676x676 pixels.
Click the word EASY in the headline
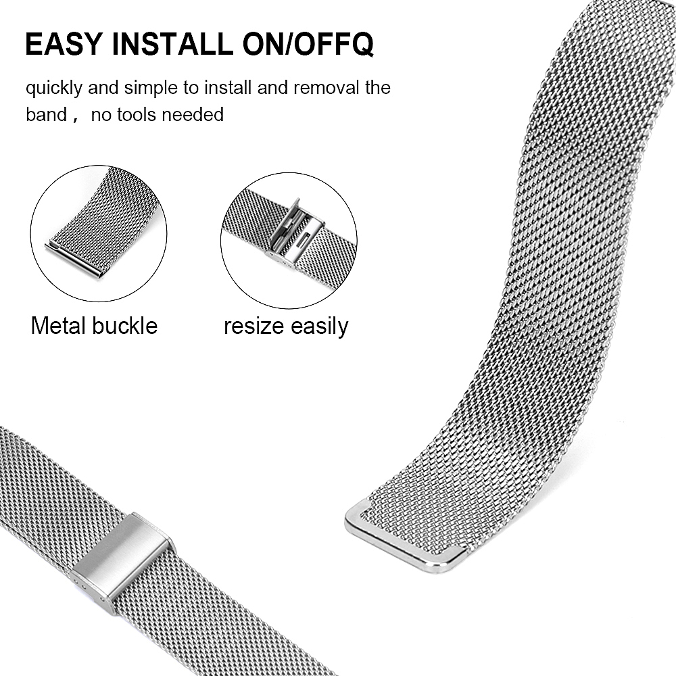coord(64,43)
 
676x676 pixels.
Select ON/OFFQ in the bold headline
coord(308,44)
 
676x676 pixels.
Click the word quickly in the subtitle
coord(54,89)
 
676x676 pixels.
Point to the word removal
coord(327,87)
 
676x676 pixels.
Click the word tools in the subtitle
coord(137,115)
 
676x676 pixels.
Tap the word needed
coord(193,115)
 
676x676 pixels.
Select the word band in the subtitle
coord(47,115)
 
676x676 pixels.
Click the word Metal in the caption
coord(59,326)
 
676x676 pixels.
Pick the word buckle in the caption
coord(125,326)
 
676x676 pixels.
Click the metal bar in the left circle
coord(74,260)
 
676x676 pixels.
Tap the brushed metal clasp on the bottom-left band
coord(123,560)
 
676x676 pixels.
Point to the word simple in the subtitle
coord(151,89)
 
